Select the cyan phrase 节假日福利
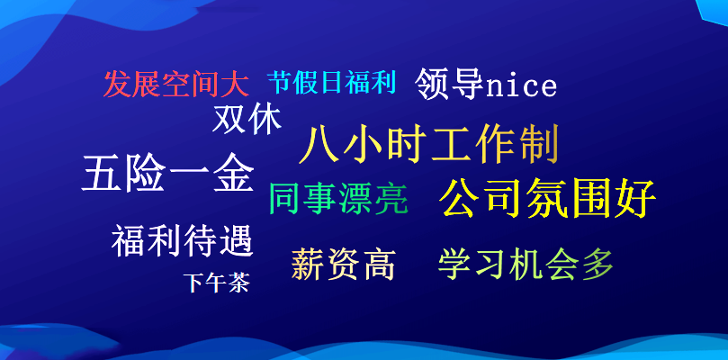[332, 84]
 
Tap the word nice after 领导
[521, 86]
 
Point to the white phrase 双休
[247, 119]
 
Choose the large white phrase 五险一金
[167, 174]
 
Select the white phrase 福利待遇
[183, 241]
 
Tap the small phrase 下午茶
[216, 283]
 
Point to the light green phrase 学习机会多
[526, 265]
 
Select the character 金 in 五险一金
[233, 174]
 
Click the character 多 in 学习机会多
[598, 265]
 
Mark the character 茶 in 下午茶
[238, 283]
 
